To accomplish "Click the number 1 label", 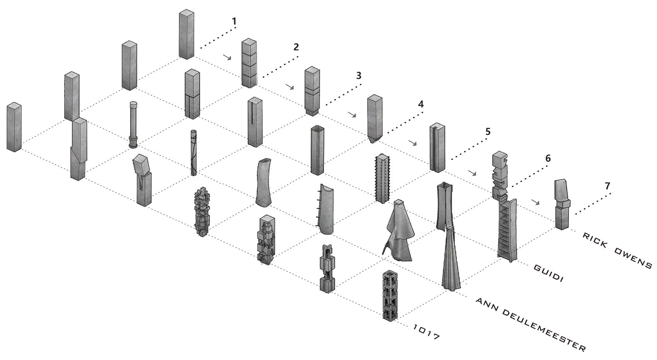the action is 234,21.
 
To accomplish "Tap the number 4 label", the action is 421,104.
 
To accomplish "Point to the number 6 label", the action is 548,159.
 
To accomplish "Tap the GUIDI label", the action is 548,273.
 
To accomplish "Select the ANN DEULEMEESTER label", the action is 531,324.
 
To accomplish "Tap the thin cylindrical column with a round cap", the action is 133,125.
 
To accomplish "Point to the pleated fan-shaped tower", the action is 450,258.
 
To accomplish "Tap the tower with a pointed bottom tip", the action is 375,119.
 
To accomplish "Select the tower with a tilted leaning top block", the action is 143,180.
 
